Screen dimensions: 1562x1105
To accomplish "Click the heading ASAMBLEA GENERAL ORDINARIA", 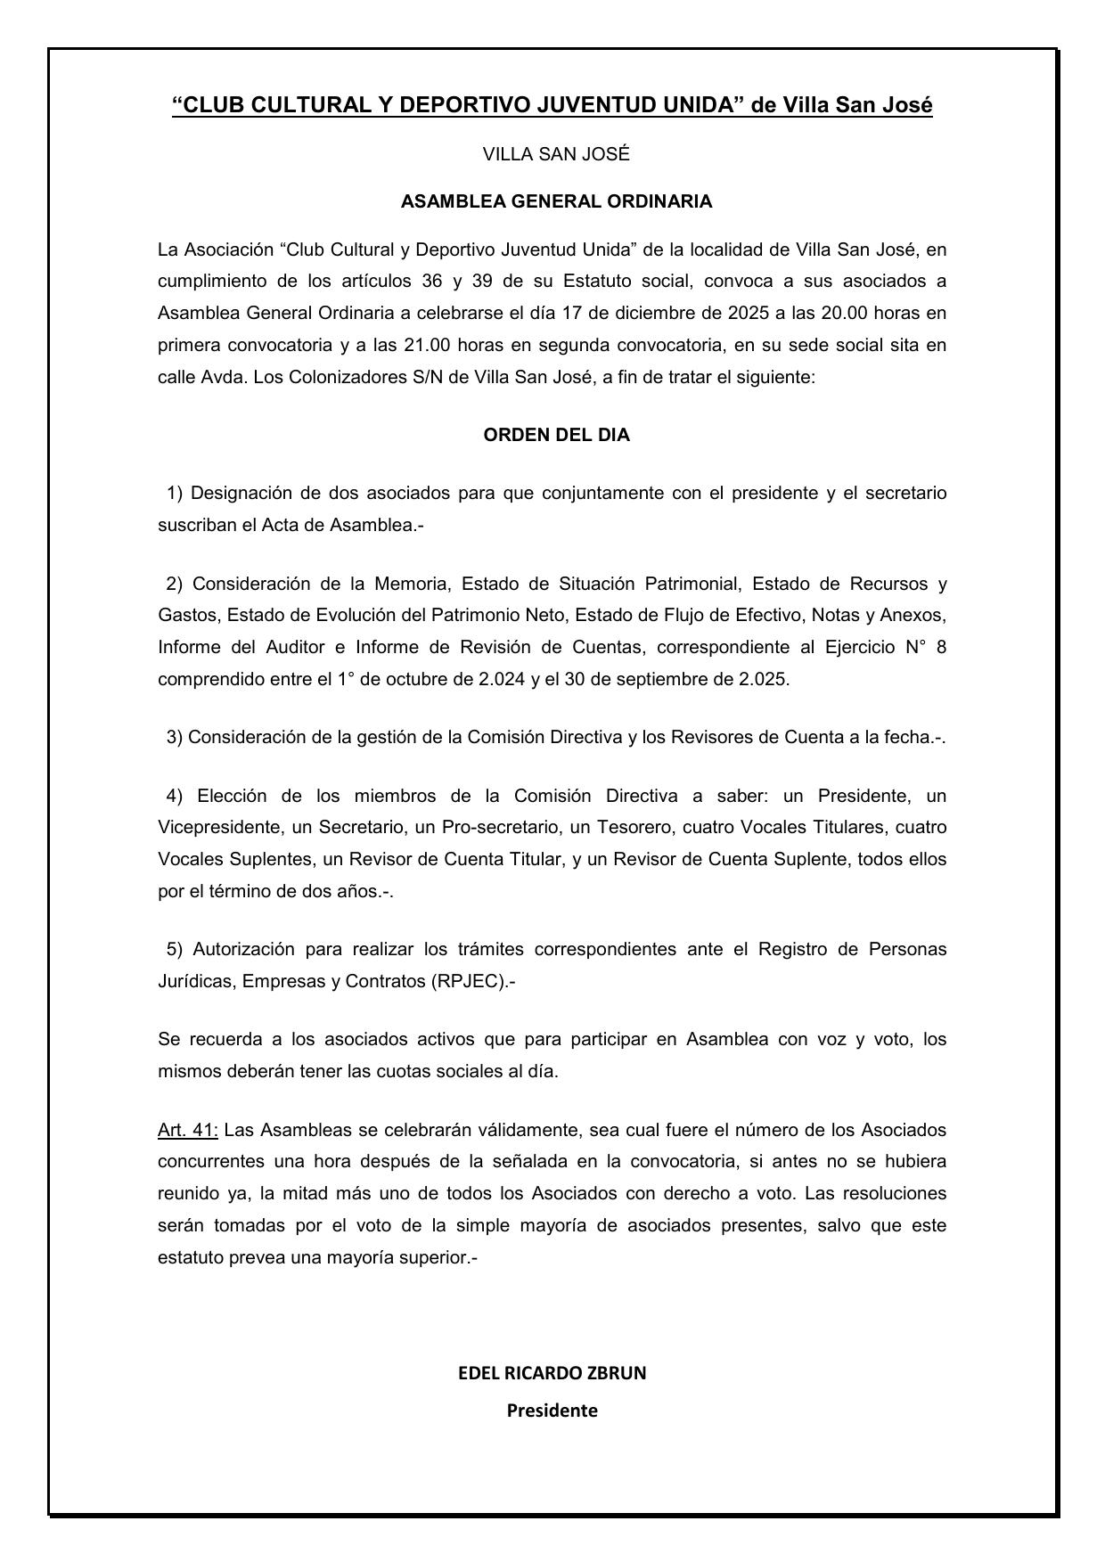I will [x=556, y=201].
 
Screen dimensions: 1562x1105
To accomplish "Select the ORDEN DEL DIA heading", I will [x=556, y=436].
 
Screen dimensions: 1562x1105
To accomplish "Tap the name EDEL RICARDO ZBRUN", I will [x=552, y=1373].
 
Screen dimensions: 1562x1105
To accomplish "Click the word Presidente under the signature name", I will [x=552, y=1411].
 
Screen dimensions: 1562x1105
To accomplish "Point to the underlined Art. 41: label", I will [x=187, y=1130].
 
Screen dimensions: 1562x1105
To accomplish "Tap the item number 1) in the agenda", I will [x=174, y=493].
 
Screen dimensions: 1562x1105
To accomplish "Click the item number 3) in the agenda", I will [x=174, y=737].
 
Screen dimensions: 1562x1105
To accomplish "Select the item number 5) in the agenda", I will [x=174, y=949].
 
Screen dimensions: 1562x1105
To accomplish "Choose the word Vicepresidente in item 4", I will [x=218, y=828].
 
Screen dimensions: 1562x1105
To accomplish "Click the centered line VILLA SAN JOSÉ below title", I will [x=556, y=154].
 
